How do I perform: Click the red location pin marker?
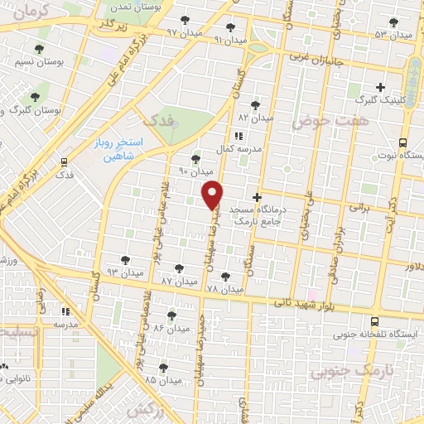click(213, 193)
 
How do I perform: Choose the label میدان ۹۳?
click(126, 272)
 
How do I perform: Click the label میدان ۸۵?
click(161, 380)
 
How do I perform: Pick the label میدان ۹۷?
click(184, 31)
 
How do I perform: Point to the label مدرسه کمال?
click(239, 148)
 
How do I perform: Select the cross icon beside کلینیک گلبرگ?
click(380, 86)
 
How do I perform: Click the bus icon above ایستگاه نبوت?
click(402, 142)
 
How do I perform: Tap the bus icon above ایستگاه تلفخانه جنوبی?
click(374, 321)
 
